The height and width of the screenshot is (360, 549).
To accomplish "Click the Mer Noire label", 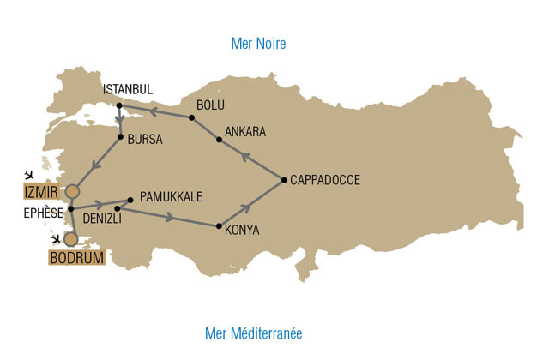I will click(x=258, y=43).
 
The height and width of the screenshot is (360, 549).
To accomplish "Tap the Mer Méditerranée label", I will click(x=253, y=333).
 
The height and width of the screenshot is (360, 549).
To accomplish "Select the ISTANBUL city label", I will click(x=127, y=89).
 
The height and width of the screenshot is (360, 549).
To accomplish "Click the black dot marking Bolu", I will click(x=191, y=117).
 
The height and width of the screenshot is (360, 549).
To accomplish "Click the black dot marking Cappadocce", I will click(x=284, y=180).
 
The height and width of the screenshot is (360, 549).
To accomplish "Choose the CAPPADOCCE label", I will click(x=324, y=180).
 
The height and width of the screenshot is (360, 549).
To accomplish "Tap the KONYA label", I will click(x=243, y=230).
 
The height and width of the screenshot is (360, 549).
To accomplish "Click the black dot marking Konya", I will click(x=219, y=226).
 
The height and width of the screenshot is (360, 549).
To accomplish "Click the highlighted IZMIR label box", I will click(x=43, y=189).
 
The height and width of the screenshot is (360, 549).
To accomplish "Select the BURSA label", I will click(x=144, y=138).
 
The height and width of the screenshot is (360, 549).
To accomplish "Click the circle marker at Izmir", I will click(x=72, y=190).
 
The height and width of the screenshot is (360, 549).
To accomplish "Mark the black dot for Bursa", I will click(x=120, y=137).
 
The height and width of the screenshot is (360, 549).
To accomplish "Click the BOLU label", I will click(x=211, y=105).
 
